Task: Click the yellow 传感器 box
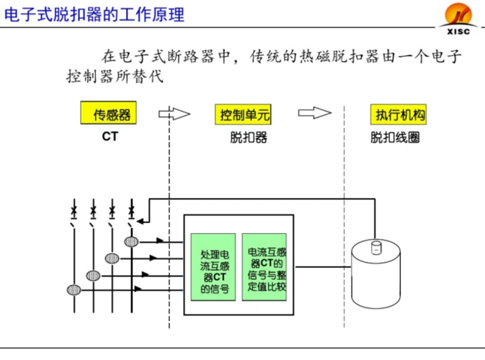pos(109,114)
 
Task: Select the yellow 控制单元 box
pos(245,114)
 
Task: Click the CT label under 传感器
pos(109,136)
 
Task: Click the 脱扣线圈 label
pos(395,137)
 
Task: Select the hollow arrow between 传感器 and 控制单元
pos(174,113)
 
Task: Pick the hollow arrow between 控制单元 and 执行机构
pos(314,113)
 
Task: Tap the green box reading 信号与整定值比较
pos(267,266)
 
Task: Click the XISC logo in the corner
pos(458,16)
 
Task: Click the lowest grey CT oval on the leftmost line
pos(74,290)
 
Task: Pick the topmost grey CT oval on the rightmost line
pos(131,242)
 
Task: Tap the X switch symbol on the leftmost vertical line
pos(74,211)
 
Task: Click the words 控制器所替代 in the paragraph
pos(115,76)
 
